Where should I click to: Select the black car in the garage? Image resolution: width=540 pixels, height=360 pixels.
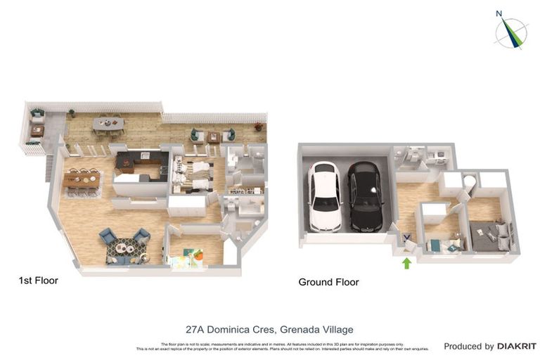(365, 197)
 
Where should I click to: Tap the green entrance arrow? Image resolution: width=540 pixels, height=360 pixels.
(406, 264)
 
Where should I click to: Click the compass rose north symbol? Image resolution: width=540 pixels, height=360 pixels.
(511, 33)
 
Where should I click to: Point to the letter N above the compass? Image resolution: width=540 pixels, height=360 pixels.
(499, 13)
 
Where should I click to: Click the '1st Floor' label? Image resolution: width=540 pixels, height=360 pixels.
(39, 281)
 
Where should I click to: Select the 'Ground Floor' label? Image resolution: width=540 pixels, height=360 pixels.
(328, 282)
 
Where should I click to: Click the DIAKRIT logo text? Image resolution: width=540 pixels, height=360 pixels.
(517, 346)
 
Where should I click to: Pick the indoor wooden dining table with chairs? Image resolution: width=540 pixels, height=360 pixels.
(82, 180)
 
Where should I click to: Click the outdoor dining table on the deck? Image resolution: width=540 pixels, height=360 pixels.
(108, 124)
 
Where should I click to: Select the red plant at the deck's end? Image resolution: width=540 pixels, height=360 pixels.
(259, 127)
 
